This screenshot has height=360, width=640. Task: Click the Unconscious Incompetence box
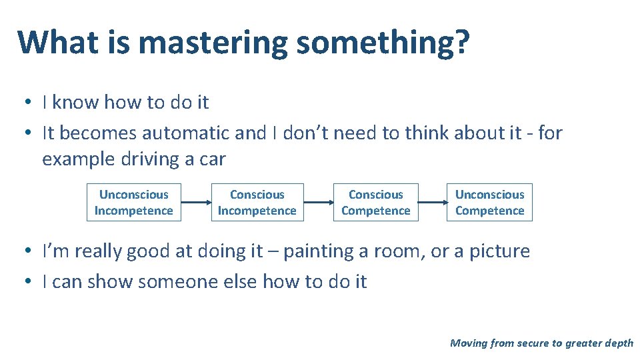[x=133, y=202]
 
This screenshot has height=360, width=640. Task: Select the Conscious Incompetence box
[x=257, y=202]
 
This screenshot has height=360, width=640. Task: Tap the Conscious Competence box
[x=376, y=202]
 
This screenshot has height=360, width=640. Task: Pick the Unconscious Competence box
[x=489, y=202]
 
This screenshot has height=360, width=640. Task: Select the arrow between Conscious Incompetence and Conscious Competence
[x=318, y=202]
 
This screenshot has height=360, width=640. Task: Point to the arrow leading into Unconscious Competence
[x=433, y=202]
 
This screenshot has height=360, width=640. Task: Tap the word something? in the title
[x=383, y=43]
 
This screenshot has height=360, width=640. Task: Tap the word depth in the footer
[x=618, y=343]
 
